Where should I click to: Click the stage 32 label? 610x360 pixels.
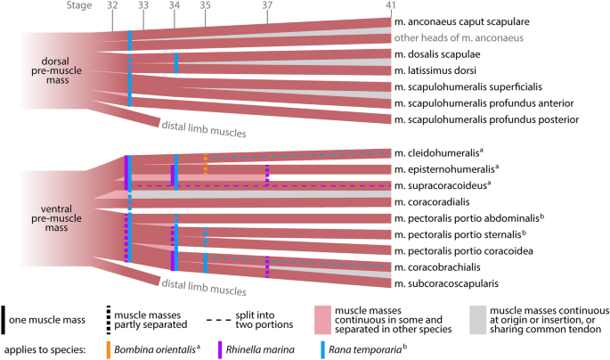tap(112, 6)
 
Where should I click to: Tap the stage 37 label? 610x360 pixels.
tap(268, 6)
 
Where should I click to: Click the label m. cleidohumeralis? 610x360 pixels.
tap(446, 152)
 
